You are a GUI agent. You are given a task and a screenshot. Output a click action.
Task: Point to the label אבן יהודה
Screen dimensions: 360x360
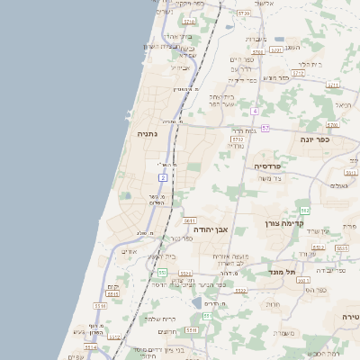coord(212,229)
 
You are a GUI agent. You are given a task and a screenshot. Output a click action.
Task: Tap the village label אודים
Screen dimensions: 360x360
coord(127,252)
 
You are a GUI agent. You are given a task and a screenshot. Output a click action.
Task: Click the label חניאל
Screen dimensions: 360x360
coord(332,104)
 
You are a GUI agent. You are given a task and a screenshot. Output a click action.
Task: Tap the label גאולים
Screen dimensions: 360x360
coord(339,185)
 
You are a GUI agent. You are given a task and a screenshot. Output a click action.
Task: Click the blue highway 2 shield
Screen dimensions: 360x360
coord(163,178)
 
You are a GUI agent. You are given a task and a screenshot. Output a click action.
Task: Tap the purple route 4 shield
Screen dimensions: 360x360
coord(255,111)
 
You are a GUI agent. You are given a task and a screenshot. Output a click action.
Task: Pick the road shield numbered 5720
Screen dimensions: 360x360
coord(243,13)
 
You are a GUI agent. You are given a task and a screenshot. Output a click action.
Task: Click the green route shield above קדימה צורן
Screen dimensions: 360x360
coord(304,210)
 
